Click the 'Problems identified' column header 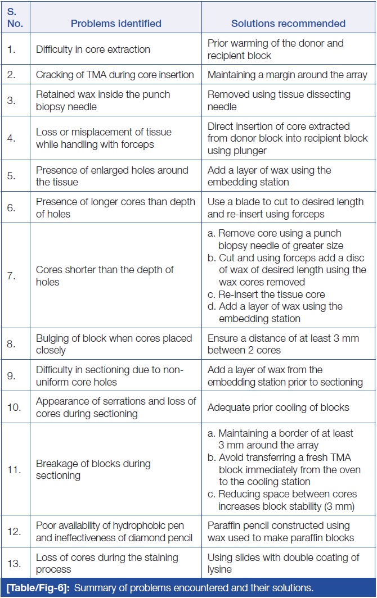pos(116,24)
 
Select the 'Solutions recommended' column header pos(288,24)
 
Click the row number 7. pos(11,275)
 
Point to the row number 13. pos(12,563)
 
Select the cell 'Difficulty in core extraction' pos(93,49)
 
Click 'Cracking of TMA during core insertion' pos(115,75)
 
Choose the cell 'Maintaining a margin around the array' pos(287,75)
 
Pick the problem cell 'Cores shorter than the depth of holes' pos(105,275)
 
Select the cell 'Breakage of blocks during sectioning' pos(93,469)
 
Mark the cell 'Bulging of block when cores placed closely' pos(114,344)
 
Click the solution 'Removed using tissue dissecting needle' pos(279,101)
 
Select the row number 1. pos(11,49)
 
